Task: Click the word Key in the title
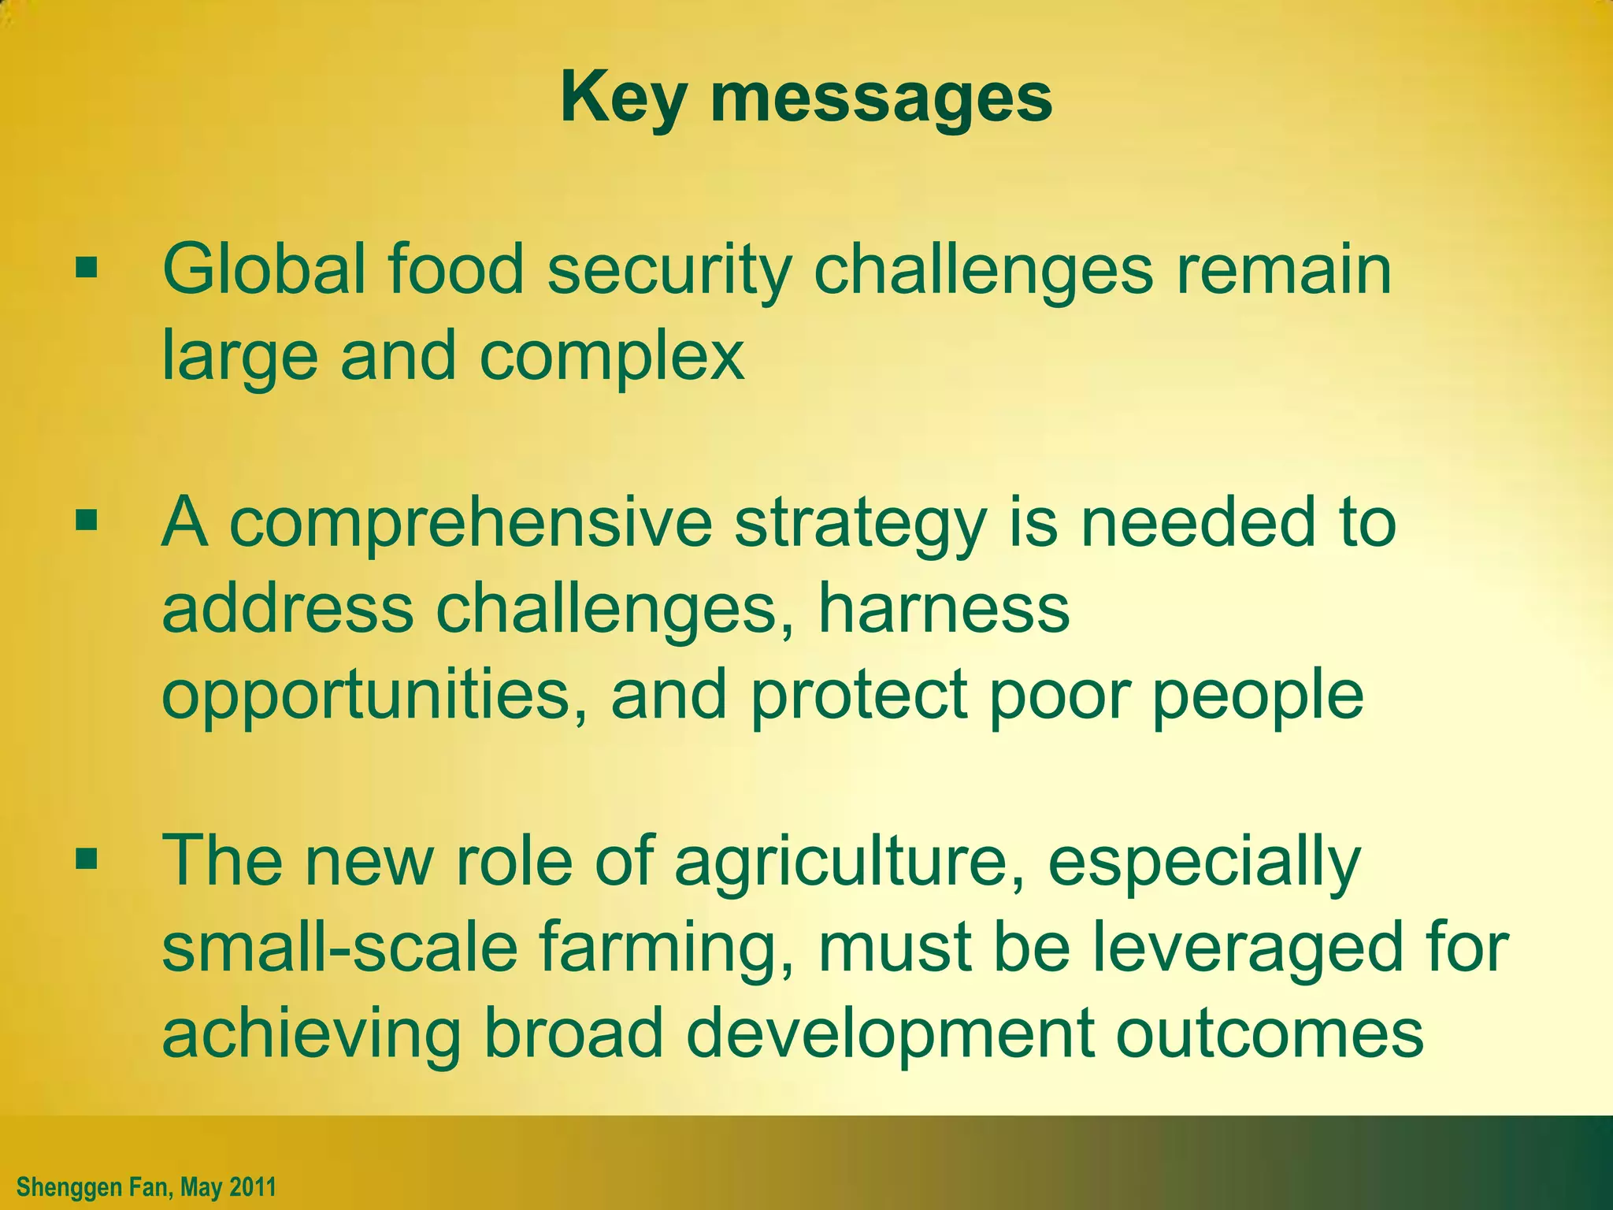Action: pyautogui.click(x=622, y=98)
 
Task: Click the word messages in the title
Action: pyautogui.click(x=881, y=98)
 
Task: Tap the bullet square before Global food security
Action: pyautogui.click(x=87, y=269)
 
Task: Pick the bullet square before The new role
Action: pyautogui.click(x=87, y=859)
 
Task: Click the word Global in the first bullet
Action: pyautogui.click(x=264, y=269)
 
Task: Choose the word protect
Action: pyautogui.click(x=859, y=695)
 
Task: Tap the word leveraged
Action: pyautogui.click(x=1248, y=949)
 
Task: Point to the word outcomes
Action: pyautogui.click(x=1270, y=1034)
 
